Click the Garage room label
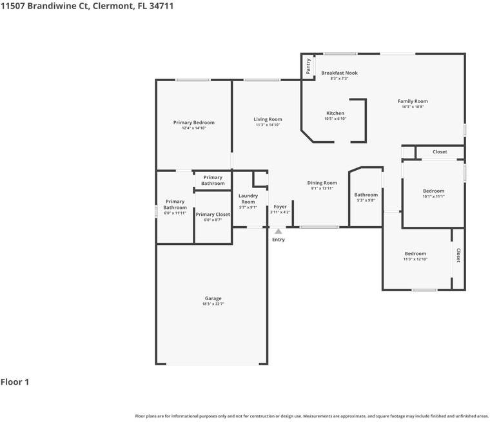pyautogui.click(x=213, y=298)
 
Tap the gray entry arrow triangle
pyautogui.click(x=278, y=231)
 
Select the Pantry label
pyautogui.click(x=308, y=66)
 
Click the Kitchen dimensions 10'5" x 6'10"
pyautogui.click(x=335, y=119)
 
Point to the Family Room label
pyautogui.click(x=413, y=101)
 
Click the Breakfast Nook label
pyautogui.click(x=339, y=73)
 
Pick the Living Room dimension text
pyautogui.click(x=268, y=125)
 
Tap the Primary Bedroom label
pyautogui.click(x=194, y=122)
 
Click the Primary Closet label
pyautogui.click(x=213, y=215)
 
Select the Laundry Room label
pyautogui.click(x=248, y=198)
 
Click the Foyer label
pyautogui.click(x=280, y=207)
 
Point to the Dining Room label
pyautogui.click(x=322, y=183)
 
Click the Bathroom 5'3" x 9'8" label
pyautogui.click(x=366, y=195)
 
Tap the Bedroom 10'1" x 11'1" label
pyautogui.click(x=433, y=191)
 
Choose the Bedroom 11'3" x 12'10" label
pyautogui.click(x=415, y=254)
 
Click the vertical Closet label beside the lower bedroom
pyautogui.click(x=458, y=255)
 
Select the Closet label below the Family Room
pyautogui.click(x=440, y=152)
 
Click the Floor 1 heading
pyautogui.click(x=15, y=381)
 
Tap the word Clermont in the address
pyautogui.click(x=112, y=6)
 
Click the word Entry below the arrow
pyautogui.click(x=278, y=240)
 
